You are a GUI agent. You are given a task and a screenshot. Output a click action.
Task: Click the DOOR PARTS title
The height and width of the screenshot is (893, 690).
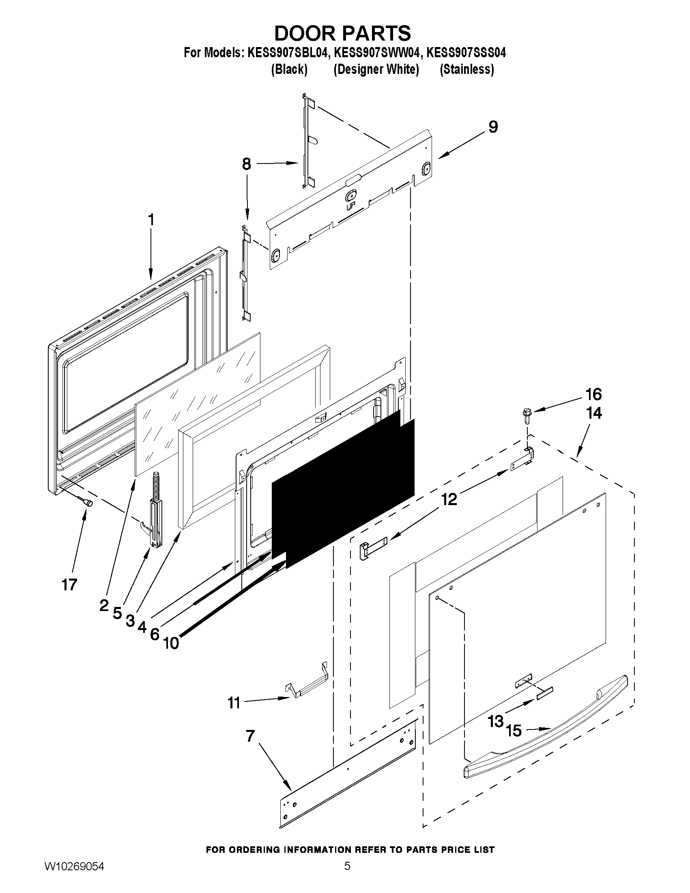pos(342,33)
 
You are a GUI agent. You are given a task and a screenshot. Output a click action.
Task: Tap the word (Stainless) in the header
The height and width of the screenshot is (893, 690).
pos(466,69)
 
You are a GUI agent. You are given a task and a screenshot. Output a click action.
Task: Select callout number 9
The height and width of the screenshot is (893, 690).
pos(493,127)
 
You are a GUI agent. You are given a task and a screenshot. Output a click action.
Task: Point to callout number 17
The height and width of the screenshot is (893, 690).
pos(69,585)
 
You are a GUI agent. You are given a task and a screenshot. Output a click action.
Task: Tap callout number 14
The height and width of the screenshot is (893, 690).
pos(594,413)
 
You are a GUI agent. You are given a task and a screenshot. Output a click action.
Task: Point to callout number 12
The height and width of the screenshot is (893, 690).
pos(449,499)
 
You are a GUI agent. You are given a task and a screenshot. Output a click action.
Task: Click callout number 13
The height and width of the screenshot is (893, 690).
pos(495,721)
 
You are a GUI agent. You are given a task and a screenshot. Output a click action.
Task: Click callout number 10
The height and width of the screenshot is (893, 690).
pos(171,643)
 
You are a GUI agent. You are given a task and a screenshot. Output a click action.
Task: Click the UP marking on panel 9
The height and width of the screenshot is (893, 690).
pos(350,208)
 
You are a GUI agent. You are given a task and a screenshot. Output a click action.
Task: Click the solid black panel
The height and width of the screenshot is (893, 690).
pos(343,491)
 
